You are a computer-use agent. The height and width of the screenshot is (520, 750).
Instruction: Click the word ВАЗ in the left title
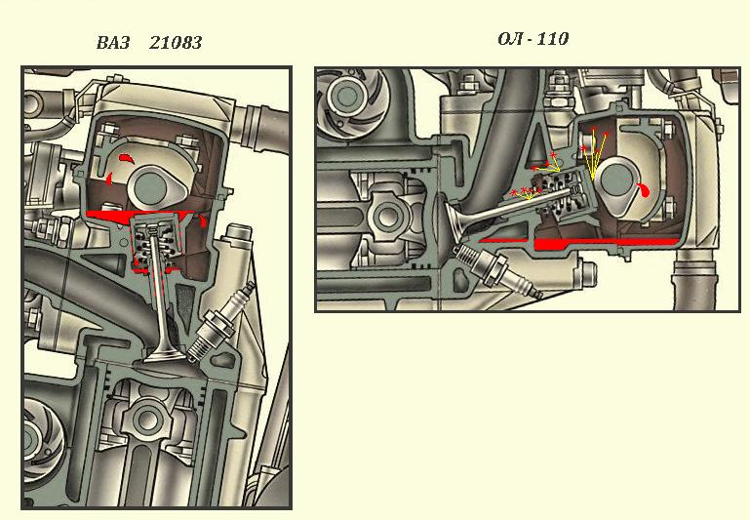click(x=113, y=43)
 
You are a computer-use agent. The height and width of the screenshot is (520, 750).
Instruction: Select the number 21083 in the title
click(x=176, y=43)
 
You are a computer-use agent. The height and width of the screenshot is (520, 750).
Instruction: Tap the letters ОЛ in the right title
click(x=510, y=38)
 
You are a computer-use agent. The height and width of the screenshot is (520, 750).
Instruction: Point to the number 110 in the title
click(x=552, y=38)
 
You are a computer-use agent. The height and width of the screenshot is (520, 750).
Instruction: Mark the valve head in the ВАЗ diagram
click(x=164, y=355)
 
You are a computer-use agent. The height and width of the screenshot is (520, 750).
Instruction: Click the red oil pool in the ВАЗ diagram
click(x=138, y=217)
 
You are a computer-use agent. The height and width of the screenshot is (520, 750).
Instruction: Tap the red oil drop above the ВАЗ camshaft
click(x=127, y=158)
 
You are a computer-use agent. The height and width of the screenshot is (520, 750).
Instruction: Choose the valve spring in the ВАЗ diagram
click(x=154, y=246)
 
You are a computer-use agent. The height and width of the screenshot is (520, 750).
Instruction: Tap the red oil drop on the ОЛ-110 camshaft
click(x=644, y=189)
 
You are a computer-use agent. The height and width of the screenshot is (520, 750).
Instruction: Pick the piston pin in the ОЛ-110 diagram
click(x=385, y=216)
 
